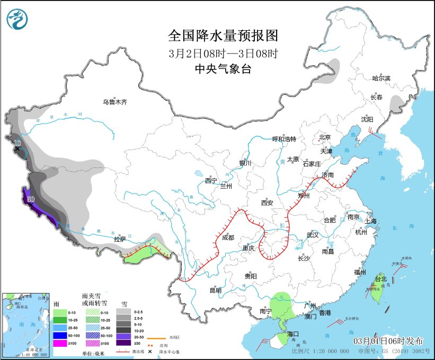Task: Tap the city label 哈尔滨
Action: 380,78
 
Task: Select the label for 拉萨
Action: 120,239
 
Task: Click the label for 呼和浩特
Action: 284,139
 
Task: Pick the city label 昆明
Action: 215,290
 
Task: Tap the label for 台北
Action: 381,279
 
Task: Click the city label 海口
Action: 294,334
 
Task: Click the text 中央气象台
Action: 223,69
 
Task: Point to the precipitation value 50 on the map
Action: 30,199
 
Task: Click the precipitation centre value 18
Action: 17,143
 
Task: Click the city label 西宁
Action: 211,181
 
